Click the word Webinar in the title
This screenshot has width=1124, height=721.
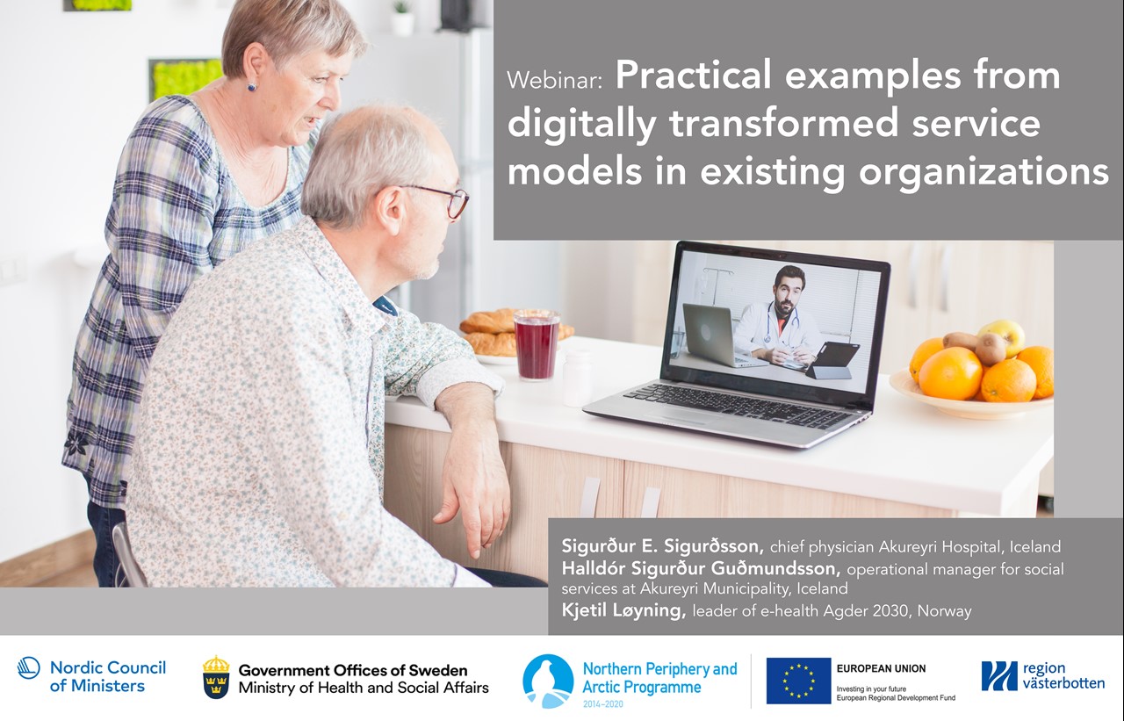point(554,80)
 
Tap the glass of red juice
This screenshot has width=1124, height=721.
point(537,345)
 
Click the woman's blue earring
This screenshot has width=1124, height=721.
point(251,87)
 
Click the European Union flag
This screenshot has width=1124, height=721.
point(798,681)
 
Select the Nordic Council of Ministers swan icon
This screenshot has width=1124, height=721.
point(29,667)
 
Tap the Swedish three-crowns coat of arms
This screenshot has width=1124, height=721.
point(216,677)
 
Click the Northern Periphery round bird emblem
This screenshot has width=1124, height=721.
point(548,681)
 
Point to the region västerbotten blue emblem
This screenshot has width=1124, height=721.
point(999,675)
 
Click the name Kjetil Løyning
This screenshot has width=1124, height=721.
point(623,610)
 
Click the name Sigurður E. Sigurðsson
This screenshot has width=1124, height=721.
point(662,545)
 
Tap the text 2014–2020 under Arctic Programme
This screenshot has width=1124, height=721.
point(603,704)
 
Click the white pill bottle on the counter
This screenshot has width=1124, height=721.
point(577,378)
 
